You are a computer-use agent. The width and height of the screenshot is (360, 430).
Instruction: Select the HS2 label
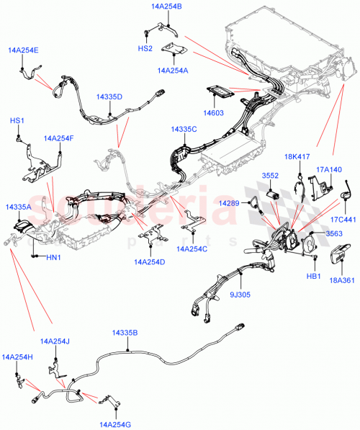[x=145, y=48]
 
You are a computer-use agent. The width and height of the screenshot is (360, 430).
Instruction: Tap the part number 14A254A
[x=171, y=71]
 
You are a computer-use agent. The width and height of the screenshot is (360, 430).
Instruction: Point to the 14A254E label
[x=24, y=50]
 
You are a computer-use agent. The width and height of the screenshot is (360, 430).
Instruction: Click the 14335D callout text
[x=109, y=97]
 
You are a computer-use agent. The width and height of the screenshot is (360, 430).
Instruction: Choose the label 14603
[x=212, y=112]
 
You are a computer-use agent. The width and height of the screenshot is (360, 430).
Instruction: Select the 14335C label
[x=184, y=129]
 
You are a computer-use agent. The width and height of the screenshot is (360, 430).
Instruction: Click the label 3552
[x=270, y=176]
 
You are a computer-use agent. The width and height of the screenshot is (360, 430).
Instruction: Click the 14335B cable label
[x=125, y=333]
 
